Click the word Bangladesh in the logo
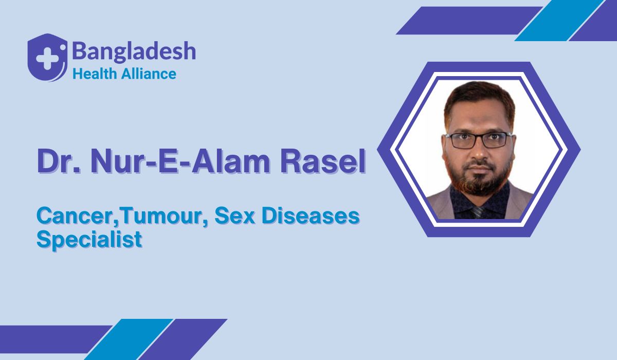point(134,51)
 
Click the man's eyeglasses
point(478,139)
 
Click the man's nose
point(479,152)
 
